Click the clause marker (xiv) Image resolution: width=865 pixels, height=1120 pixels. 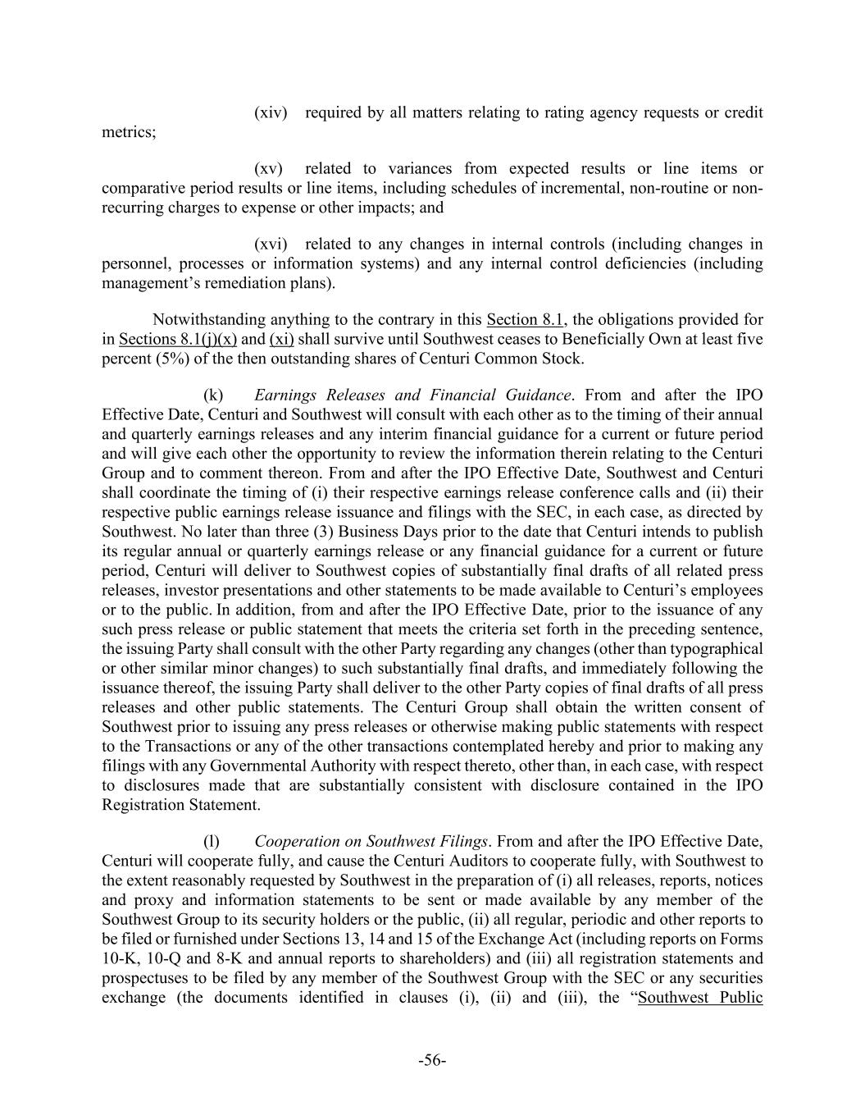coord(271,112)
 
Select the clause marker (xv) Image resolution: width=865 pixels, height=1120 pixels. coord(268,169)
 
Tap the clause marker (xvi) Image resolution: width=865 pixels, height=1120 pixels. coord(271,245)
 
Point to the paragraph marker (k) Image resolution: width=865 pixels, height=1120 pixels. coord(213,395)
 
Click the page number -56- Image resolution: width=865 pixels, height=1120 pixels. coord(432,1061)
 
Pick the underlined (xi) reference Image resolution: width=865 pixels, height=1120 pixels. coord(281,340)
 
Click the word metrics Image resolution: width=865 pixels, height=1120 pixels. coord(127,132)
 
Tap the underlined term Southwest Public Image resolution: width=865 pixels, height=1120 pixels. coord(700,999)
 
